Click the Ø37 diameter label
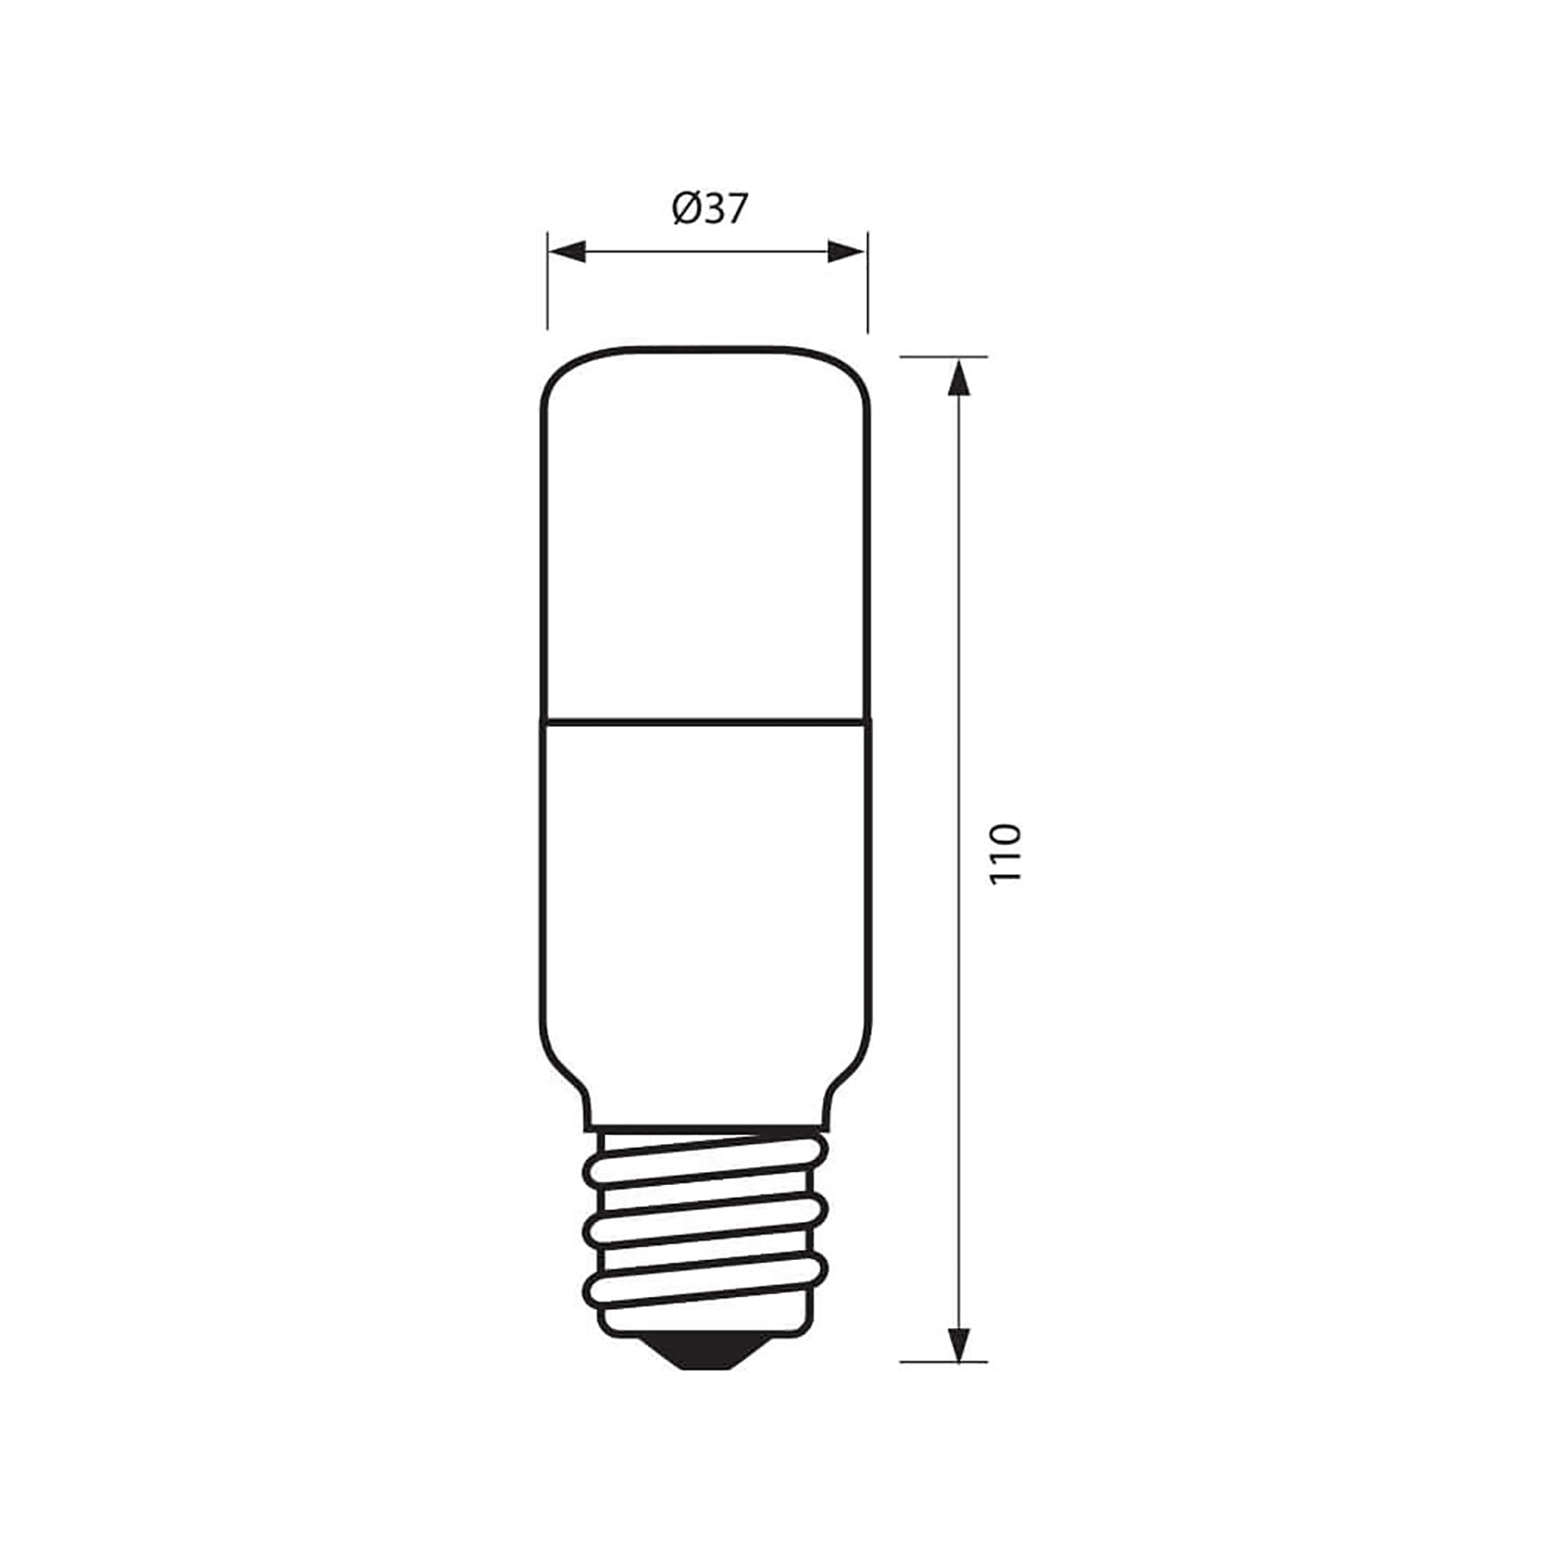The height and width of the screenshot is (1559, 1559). point(709,209)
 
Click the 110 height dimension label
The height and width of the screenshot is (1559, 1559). point(1006,854)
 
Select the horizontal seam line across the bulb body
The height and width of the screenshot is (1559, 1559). point(706,722)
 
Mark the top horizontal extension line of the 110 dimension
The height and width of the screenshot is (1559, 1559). point(943,357)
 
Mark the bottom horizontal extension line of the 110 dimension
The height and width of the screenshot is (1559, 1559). point(943,1361)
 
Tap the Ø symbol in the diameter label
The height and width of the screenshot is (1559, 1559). point(683,209)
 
